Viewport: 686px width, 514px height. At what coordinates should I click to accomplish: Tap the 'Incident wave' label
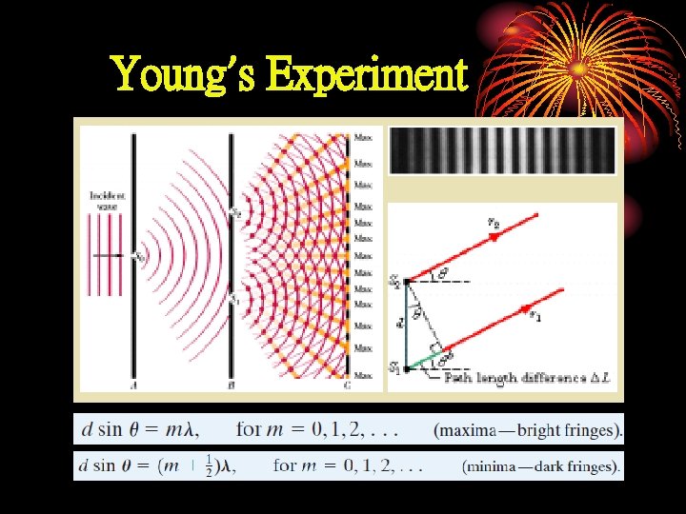108,201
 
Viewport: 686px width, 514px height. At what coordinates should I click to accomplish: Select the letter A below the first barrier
132,385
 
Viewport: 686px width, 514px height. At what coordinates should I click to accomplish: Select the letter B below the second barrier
231,385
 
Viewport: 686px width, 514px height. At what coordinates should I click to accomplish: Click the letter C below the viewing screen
346,385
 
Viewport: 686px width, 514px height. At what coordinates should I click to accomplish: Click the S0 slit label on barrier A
141,256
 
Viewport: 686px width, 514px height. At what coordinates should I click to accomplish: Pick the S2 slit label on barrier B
238,211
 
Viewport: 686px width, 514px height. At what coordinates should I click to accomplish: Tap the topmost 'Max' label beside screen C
363,137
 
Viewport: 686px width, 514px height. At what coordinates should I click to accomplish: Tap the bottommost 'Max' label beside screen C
363,369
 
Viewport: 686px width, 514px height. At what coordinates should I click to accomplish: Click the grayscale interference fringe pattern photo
502,150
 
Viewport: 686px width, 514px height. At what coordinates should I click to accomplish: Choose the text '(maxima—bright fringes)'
528,429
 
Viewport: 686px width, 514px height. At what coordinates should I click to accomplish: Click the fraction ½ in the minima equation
208,465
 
